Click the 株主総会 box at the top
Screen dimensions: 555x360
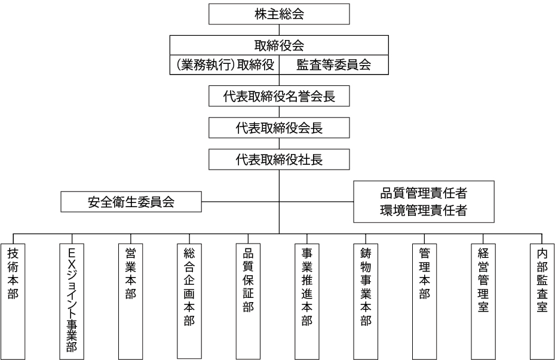[x=279, y=14]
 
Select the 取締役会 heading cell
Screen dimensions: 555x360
[x=279, y=45]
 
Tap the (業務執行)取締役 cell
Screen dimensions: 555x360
[x=225, y=64]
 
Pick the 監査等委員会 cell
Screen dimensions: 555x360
[x=334, y=64]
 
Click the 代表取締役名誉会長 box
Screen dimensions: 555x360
[x=279, y=96]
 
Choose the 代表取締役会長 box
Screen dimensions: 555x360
[x=279, y=128]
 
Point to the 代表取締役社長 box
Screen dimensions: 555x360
[x=279, y=159]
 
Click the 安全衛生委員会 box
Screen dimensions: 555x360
[x=131, y=202]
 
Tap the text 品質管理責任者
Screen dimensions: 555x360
[x=424, y=193]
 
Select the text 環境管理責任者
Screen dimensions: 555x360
[x=424, y=210]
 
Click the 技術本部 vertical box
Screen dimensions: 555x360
[x=13, y=301]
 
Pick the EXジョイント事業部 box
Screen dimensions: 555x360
[x=72, y=301]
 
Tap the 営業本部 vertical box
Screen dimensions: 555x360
[x=131, y=301]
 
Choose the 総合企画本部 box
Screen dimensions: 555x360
[x=189, y=301]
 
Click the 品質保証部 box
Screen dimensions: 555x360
[x=248, y=301]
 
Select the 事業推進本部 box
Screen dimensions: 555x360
[x=307, y=301]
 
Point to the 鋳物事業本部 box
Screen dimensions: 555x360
[x=366, y=301]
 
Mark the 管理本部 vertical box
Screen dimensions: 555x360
[x=424, y=301]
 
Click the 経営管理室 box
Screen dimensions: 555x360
[x=483, y=301]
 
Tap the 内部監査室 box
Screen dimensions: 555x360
[x=542, y=301]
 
